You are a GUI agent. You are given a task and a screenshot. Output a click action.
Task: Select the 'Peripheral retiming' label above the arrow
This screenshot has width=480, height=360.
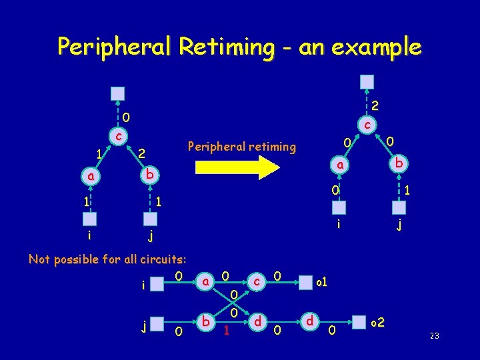pyautogui.click(x=242, y=146)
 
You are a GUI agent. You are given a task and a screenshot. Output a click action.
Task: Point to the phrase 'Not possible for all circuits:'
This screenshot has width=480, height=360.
pyautogui.click(x=107, y=259)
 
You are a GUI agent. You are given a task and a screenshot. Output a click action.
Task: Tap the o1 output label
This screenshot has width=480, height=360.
pyautogui.click(x=321, y=283)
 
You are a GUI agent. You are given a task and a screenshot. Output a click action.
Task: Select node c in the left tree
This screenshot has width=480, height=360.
pyautogui.click(x=117, y=137)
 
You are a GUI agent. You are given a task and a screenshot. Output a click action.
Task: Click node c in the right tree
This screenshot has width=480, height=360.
pyautogui.click(x=367, y=124)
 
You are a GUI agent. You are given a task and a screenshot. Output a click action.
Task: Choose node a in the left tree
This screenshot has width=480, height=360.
pyautogui.click(x=89, y=177)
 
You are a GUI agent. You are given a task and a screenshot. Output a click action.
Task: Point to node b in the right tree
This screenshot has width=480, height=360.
pyautogui.click(x=397, y=163)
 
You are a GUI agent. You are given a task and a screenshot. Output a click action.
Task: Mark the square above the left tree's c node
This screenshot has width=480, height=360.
pyautogui.click(x=117, y=93)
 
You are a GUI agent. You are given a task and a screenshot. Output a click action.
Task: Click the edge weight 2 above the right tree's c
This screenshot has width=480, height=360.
pyautogui.click(x=375, y=105)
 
